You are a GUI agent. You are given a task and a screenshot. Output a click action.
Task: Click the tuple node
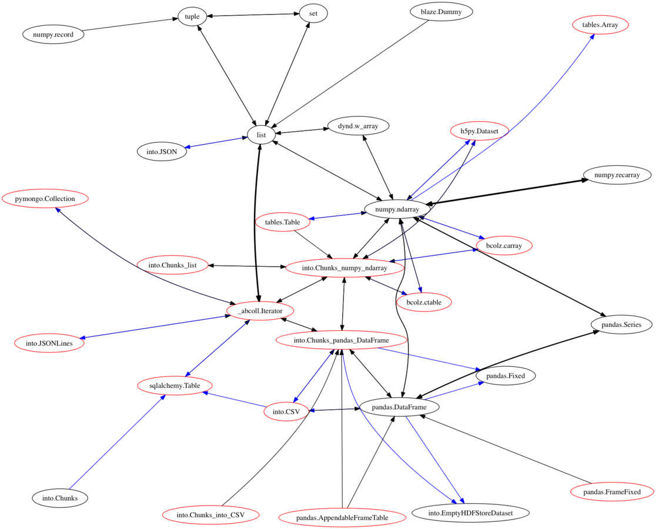point(192,16)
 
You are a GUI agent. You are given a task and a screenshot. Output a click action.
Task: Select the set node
point(313,13)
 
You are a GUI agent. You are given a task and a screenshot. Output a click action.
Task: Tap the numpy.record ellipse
point(53,34)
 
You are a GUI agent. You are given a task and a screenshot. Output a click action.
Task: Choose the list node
point(261,135)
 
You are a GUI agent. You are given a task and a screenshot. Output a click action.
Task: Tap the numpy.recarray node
point(617,175)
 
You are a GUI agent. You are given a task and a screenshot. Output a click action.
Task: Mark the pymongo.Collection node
point(45,199)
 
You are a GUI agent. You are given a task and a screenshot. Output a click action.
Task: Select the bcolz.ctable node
point(424,302)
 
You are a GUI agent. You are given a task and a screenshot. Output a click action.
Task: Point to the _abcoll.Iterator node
point(260,310)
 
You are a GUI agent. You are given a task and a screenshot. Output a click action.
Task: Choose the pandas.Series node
point(621,324)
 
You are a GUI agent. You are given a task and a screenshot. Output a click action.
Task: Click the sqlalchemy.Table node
point(175,386)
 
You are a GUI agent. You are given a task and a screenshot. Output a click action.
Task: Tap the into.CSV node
point(286,411)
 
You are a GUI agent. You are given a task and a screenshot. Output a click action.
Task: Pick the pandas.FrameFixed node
point(613,491)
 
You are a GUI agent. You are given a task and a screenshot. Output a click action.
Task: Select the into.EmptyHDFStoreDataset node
point(470,513)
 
